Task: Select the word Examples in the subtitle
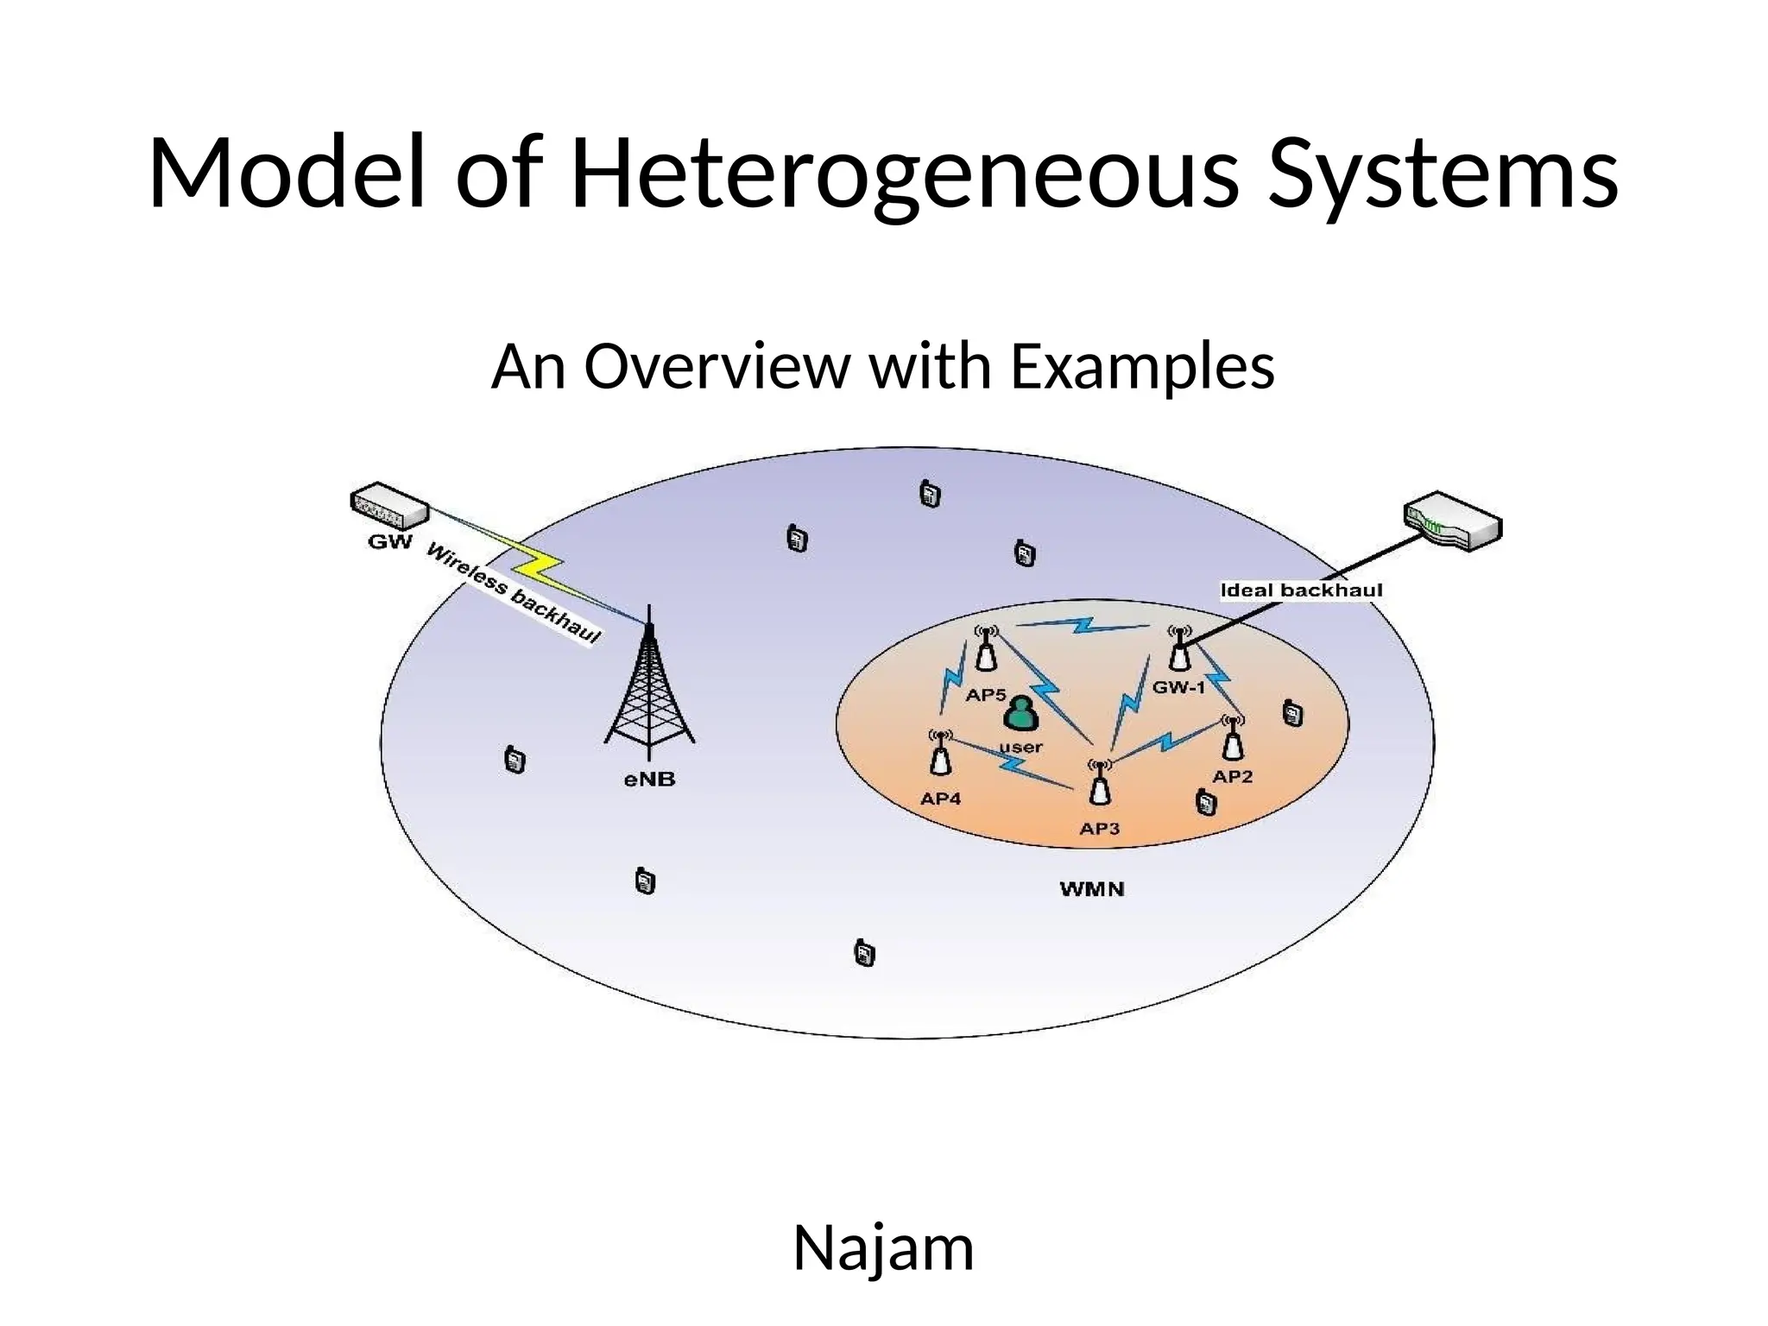[1141, 366]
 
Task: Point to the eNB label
[649, 780]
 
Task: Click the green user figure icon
[1021, 714]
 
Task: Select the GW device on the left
[388, 506]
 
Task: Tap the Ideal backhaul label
[1301, 590]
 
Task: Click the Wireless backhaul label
[513, 593]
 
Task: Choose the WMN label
[1092, 889]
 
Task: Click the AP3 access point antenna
[1099, 783]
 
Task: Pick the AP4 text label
[940, 799]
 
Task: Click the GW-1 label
[1178, 688]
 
